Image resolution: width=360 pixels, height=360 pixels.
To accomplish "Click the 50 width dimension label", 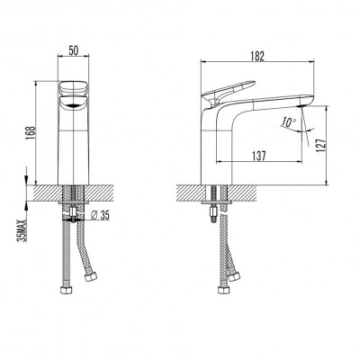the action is (x=74, y=50).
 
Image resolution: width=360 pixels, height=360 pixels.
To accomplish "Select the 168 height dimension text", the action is (x=31, y=132).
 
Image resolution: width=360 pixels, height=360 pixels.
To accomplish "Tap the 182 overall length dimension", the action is (x=257, y=57).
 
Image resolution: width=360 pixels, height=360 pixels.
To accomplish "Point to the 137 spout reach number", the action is (x=259, y=156).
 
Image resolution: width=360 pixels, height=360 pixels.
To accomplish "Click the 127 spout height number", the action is (x=321, y=145).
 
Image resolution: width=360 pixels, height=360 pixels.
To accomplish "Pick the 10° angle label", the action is (x=289, y=121).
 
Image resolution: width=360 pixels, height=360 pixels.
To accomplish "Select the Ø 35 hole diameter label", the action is (x=100, y=215).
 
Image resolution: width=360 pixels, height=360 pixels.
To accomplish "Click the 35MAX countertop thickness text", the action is (x=22, y=231).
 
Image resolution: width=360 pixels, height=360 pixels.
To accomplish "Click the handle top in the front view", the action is (x=74, y=88).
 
